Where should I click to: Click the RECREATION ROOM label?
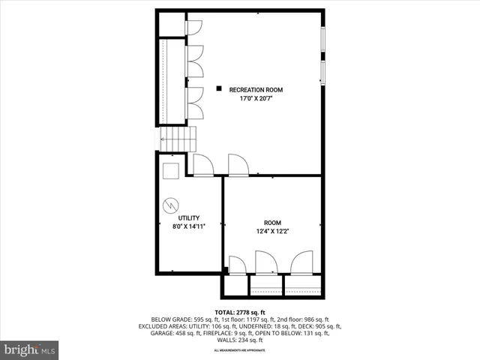coord(261,90)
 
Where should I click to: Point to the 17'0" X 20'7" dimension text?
coord(261,99)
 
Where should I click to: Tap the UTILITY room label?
coord(188,217)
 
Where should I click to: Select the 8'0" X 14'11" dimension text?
coord(188,226)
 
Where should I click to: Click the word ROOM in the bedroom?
coord(272,223)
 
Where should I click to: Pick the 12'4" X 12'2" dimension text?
coord(272,232)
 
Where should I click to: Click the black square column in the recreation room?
coord(219,88)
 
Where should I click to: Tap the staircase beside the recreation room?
coord(178,139)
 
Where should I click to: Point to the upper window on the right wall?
coord(323,44)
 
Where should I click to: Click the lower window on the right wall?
coord(323,73)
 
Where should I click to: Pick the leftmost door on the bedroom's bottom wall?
coord(237,265)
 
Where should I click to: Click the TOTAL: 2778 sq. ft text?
coord(240,312)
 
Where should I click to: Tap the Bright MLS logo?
coord(30,349)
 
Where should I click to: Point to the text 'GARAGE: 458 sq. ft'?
coord(162,333)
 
